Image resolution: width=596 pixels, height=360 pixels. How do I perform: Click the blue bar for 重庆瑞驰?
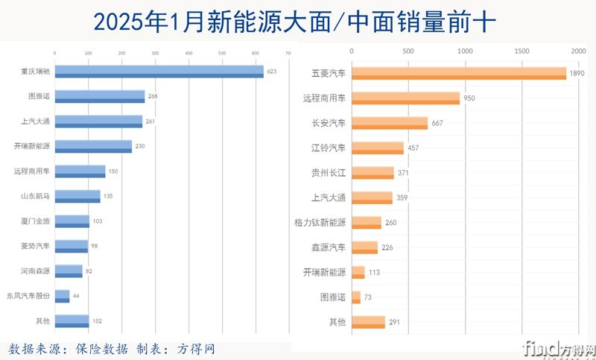pos(159,72)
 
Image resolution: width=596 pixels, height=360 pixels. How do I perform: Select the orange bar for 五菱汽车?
pos(458,73)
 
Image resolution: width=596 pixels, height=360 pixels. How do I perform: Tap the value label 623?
pos(271,72)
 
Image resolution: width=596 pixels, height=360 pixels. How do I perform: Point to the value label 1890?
pos(577,74)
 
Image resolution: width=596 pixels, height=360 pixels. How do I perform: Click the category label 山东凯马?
pos(36,196)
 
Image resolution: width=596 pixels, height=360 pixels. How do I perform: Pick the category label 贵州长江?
pos(329,173)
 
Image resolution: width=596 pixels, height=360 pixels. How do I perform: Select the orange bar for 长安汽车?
pos(389,123)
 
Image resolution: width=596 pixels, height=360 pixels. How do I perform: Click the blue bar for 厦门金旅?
pos(72,221)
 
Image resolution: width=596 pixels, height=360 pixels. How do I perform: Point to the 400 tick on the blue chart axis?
pos(188,53)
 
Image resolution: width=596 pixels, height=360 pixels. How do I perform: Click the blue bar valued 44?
pos(62,296)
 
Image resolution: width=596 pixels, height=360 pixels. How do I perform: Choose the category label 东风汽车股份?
pos(28,296)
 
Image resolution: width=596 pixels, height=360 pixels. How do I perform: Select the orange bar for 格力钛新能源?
pos(366,222)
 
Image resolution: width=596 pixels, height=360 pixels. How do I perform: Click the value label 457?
pos(414,148)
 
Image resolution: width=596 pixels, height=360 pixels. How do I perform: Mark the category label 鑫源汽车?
pos(329,247)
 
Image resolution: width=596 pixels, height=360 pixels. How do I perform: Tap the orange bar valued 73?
pos(355,297)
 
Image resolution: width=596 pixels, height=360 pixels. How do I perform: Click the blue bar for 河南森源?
pos(69,271)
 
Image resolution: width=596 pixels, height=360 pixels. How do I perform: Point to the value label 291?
pos(396,322)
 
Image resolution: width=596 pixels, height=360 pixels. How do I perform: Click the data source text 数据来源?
pos(36,349)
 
